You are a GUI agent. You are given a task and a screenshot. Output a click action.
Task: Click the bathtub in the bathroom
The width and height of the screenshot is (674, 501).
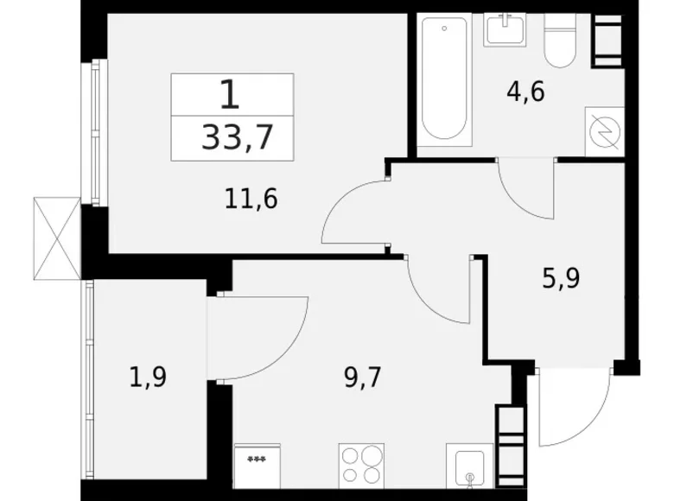click(444, 79)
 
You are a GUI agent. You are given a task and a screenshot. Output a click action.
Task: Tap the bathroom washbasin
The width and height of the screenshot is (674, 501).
click(505, 29)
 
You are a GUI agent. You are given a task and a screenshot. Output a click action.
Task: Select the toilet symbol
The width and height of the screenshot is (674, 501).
click(560, 40)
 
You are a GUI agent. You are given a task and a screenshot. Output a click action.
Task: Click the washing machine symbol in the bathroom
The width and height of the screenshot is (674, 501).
click(605, 131)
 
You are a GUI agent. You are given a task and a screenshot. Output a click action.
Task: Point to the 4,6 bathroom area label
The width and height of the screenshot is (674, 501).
click(525, 92)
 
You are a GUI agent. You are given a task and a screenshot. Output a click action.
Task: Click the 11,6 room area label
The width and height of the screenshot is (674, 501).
click(251, 200)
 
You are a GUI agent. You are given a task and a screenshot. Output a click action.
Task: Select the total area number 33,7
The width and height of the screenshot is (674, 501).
click(237, 138)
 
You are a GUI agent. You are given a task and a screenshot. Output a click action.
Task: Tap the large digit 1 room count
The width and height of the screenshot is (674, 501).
click(230, 95)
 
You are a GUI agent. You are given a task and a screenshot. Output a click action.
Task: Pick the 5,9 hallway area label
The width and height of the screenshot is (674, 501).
click(562, 277)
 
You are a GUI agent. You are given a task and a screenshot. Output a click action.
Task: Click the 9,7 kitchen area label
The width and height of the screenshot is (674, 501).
click(363, 378)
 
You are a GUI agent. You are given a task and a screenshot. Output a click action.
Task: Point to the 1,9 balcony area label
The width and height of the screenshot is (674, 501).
click(149, 378)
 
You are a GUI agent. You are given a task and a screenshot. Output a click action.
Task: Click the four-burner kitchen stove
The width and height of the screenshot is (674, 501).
click(361, 466)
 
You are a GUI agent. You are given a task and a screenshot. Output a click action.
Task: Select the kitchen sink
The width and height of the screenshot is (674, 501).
click(469, 466)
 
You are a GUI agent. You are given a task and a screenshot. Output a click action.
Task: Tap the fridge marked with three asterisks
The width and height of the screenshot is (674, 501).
click(258, 466)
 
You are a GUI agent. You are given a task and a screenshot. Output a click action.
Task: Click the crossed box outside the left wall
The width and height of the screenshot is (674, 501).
click(57, 238)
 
